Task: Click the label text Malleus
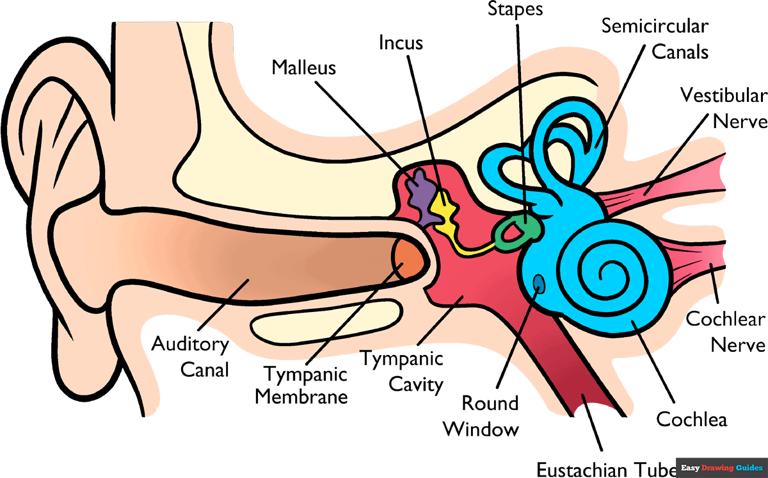click(x=303, y=68)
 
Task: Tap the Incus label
click(x=401, y=43)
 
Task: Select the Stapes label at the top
click(x=515, y=9)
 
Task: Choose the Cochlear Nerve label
click(x=726, y=331)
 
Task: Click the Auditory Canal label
click(x=190, y=357)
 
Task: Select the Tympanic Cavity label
click(x=401, y=372)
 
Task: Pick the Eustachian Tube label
click(x=605, y=468)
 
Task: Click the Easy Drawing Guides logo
click(x=721, y=468)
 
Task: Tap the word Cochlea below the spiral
click(x=692, y=420)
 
